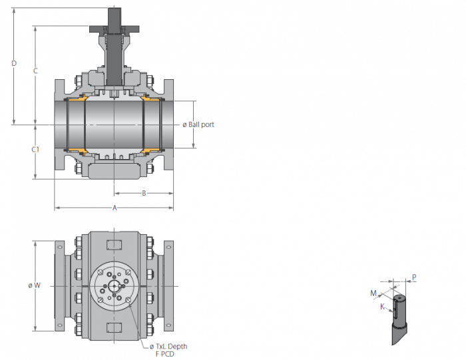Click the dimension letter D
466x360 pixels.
click(x=14, y=63)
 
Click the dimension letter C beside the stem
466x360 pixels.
click(x=35, y=71)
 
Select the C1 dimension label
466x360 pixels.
click(x=35, y=150)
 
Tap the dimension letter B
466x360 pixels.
click(x=144, y=194)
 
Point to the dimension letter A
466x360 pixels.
click(x=115, y=208)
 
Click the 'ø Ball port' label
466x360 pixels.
click(x=198, y=124)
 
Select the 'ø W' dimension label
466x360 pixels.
click(x=35, y=285)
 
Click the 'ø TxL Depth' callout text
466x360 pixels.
click(x=168, y=346)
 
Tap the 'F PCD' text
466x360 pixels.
click(x=165, y=354)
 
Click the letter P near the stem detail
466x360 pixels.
click(x=414, y=277)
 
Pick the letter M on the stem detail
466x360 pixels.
click(x=373, y=293)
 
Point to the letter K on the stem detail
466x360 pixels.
click(x=383, y=306)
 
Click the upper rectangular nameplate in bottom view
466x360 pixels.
click(x=114, y=245)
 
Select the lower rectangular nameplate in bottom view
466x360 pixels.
click(x=114, y=327)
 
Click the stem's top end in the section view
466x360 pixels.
click(x=115, y=9)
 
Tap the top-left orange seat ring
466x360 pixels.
click(x=77, y=98)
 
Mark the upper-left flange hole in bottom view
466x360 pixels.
click(x=59, y=247)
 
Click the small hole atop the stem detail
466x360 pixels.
click(x=399, y=297)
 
